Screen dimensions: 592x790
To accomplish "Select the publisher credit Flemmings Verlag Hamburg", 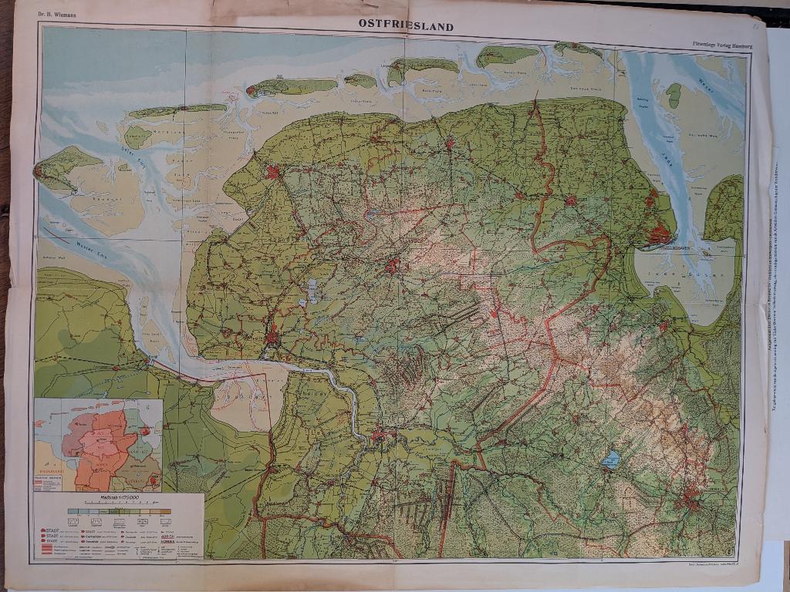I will coord(721,46).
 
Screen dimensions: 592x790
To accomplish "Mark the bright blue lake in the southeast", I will coord(611,460).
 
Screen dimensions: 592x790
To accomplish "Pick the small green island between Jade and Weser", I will coord(674,96).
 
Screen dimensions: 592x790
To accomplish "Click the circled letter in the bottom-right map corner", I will coord(729,548).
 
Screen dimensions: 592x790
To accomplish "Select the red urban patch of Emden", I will coord(272,337).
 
